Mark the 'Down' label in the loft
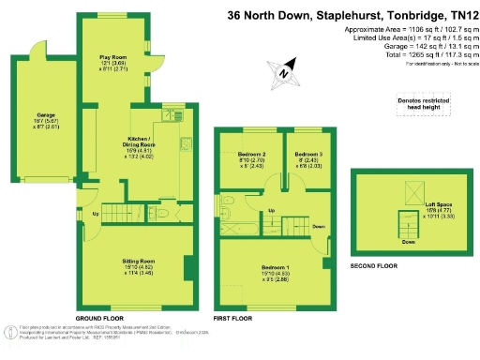409,243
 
